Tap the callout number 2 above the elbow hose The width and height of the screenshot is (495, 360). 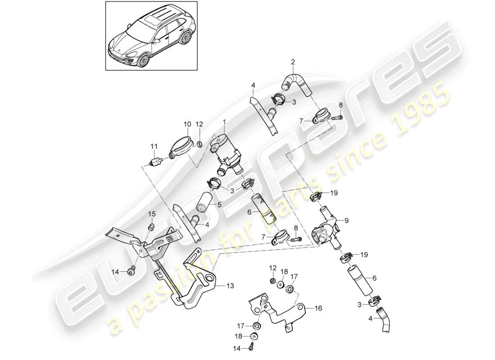click(x=293, y=62)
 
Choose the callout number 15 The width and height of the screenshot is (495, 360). click(x=152, y=213)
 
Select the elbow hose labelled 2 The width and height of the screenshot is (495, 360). click(x=295, y=82)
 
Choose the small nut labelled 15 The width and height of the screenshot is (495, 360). click(x=152, y=225)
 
